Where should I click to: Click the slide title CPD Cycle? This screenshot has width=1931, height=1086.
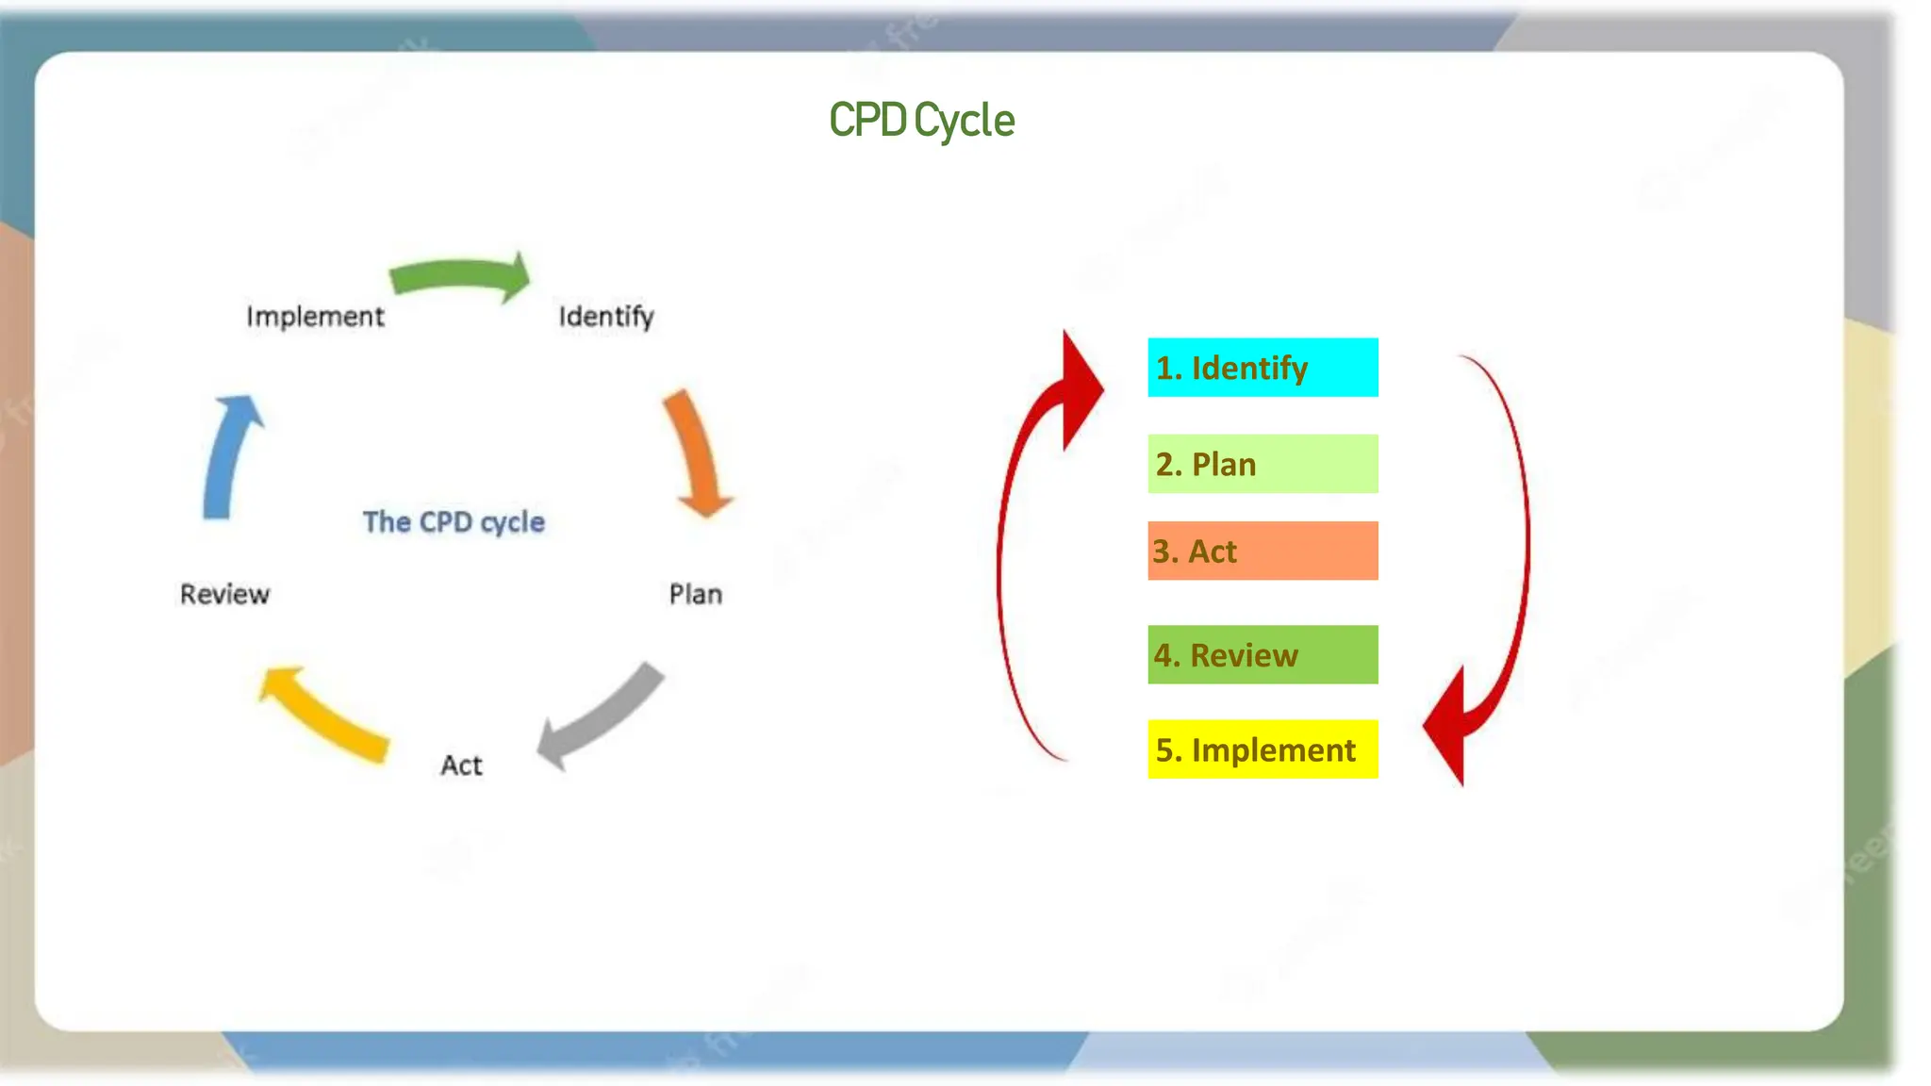921,121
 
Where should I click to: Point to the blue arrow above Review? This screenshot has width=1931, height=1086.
229,457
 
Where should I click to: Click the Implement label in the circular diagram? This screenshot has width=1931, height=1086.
315,317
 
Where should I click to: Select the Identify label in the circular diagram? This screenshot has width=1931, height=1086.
606,317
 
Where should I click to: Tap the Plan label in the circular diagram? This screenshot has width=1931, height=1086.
696,594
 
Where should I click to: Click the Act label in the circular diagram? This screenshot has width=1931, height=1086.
461,765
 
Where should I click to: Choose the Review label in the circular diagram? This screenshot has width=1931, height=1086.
224,594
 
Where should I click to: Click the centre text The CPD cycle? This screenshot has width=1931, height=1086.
454,521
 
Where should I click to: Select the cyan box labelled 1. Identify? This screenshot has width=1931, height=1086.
1263,368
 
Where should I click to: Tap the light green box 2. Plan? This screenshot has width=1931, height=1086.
1263,464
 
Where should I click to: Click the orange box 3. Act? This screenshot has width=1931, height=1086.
1263,551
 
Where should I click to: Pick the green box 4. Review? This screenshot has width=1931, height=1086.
1263,654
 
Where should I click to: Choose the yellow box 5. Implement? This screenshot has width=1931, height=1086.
1263,749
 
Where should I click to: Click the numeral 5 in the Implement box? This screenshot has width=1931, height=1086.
1164,750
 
